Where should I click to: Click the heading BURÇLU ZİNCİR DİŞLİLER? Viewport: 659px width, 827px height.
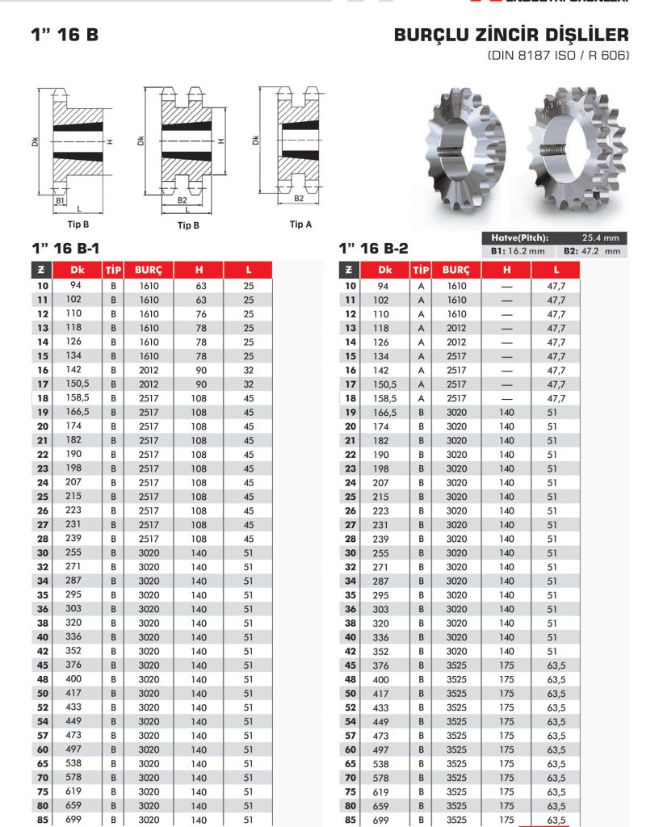click(510, 36)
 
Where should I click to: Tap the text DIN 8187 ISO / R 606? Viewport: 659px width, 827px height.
click(557, 56)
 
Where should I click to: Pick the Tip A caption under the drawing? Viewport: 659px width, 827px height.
click(300, 225)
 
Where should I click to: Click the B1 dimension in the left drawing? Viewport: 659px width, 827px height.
click(60, 199)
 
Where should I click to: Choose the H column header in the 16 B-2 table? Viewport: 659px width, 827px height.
click(506, 270)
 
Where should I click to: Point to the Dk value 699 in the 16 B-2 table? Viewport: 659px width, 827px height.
click(382, 820)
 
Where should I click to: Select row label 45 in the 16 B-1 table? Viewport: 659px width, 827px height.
click(42, 665)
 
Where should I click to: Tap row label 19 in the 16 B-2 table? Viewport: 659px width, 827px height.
click(350, 413)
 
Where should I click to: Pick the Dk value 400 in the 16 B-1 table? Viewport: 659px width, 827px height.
click(74, 679)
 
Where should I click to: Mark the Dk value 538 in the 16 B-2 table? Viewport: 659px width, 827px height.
click(382, 763)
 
